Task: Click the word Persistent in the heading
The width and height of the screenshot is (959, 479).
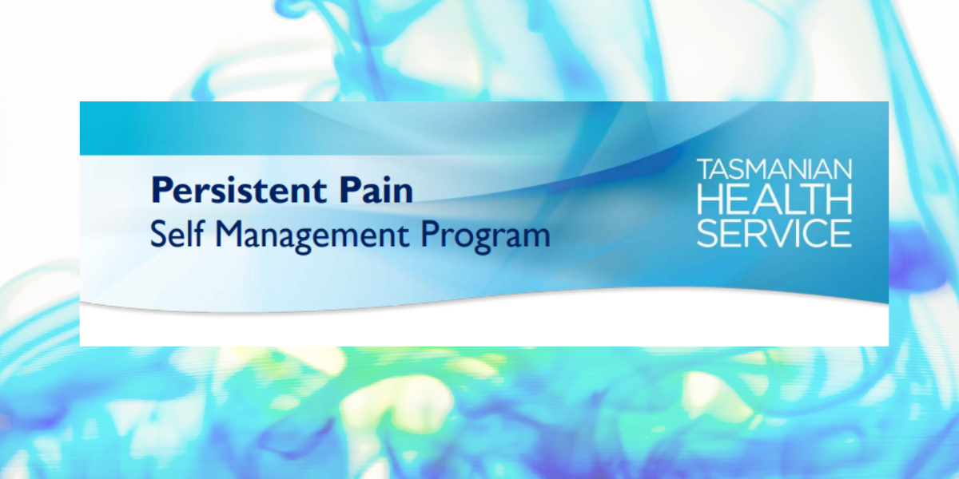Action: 238,189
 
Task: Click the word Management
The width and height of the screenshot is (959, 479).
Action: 312,236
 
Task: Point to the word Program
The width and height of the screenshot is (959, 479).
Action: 486,236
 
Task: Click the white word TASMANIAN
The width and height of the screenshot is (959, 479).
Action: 774,169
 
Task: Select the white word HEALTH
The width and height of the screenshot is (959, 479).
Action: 774,199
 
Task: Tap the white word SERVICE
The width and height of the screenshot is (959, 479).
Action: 774,233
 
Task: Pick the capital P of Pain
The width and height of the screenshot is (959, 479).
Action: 350,189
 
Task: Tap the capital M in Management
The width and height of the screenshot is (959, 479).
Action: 229,234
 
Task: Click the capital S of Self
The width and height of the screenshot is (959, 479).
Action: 158,234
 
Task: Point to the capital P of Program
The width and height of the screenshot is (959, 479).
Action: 430,234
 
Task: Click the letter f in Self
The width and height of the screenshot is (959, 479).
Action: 198,233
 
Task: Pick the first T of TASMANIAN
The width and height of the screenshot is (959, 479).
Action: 706,169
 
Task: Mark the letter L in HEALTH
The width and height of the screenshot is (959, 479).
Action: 782,199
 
